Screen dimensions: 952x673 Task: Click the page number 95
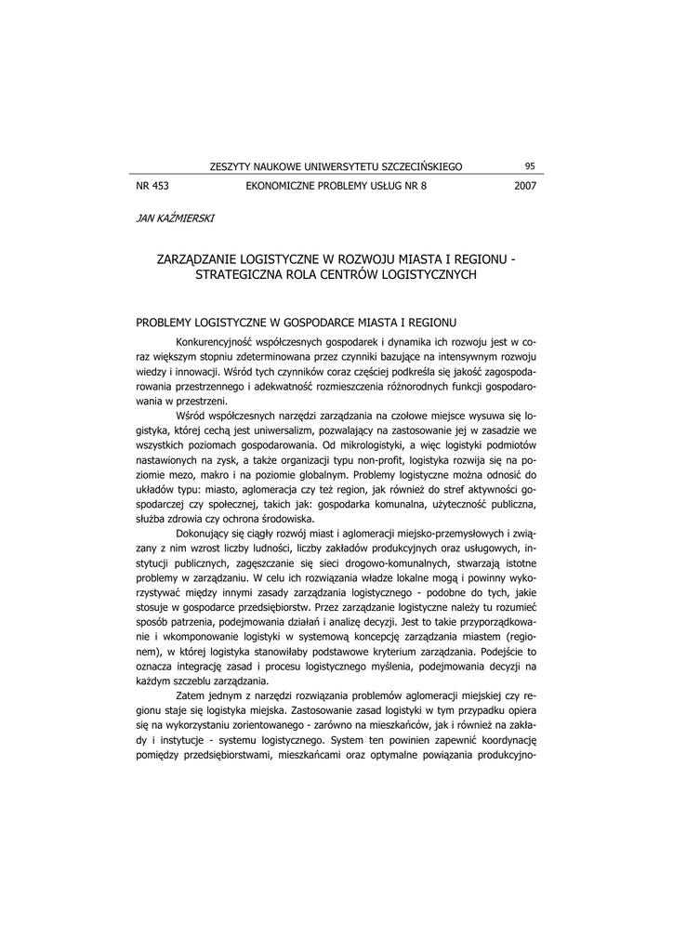[x=530, y=166]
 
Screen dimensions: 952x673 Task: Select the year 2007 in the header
[x=525, y=186]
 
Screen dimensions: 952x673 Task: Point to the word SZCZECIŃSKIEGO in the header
[x=418, y=166]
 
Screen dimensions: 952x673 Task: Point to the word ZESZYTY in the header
[x=231, y=166]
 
